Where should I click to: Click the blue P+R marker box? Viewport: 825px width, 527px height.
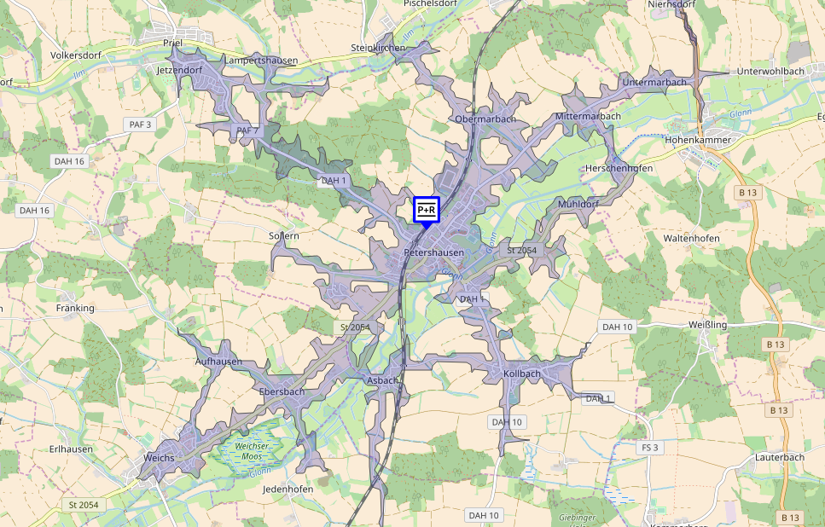427,209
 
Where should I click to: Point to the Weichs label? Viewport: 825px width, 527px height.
160,458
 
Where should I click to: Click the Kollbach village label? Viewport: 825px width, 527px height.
522,374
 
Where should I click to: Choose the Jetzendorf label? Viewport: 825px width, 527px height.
179,70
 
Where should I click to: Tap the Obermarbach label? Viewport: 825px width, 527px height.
485,119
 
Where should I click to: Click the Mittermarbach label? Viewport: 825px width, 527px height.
588,116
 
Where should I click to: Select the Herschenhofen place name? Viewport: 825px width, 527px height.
619,169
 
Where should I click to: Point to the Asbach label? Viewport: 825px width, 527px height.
381,380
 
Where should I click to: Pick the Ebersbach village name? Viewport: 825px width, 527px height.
282,391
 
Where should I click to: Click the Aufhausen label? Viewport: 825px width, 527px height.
218,362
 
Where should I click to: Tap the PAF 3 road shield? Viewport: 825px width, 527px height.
140,125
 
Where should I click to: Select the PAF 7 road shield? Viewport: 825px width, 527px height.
247,130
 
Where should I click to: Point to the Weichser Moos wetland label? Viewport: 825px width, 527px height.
253,452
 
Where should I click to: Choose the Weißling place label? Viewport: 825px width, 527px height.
707,326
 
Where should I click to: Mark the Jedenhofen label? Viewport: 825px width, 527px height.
288,489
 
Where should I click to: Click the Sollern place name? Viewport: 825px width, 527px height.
284,236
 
